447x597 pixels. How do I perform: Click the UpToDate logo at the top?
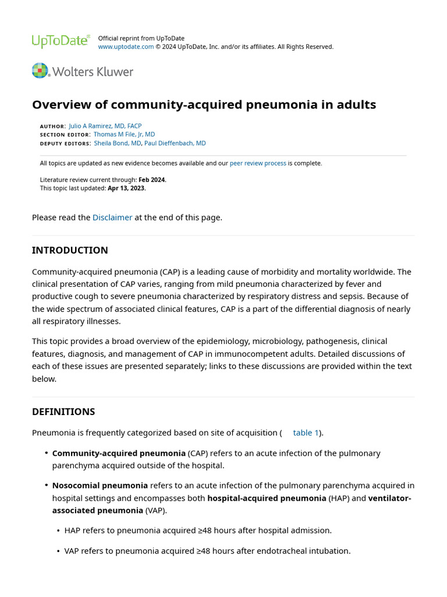(61, 41)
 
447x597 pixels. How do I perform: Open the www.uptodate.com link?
(126, 47)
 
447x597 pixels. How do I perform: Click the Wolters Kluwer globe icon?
(40, 71)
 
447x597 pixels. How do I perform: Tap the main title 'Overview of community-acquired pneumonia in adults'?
(204, 105)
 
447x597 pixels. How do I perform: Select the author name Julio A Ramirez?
(105, 126)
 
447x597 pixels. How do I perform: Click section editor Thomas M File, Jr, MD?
(124, 134)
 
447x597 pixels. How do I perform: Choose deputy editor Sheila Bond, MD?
(117, 143)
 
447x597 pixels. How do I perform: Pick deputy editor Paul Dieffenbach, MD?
(175, 143)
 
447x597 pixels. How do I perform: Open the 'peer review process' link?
(258, 163)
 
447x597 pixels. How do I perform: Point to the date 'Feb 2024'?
(152, 180)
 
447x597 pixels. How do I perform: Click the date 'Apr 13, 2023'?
(126, 188)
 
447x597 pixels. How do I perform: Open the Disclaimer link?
(112, 217)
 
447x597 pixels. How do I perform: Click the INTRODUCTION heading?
(70, 250)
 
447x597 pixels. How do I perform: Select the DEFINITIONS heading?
(63, 412)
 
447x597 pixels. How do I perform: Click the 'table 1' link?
(306, 433)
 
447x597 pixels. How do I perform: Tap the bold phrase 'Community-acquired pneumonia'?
(119, 453)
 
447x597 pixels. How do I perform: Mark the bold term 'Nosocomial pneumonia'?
(100, 486)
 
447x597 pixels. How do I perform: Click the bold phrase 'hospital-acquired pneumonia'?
(267, 498)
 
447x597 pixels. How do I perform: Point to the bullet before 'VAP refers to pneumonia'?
(59, 551)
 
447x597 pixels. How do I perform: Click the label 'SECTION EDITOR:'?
(65, 135)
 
